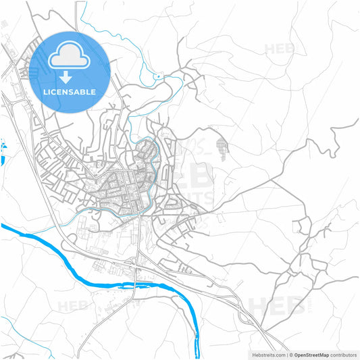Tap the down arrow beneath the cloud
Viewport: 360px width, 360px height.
[70, 76]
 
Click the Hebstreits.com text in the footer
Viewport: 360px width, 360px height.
[266, 354]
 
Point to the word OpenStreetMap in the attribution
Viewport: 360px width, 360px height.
[316, 354]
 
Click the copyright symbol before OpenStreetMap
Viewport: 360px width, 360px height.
[291, 354]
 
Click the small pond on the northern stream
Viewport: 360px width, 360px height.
[159, 77]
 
